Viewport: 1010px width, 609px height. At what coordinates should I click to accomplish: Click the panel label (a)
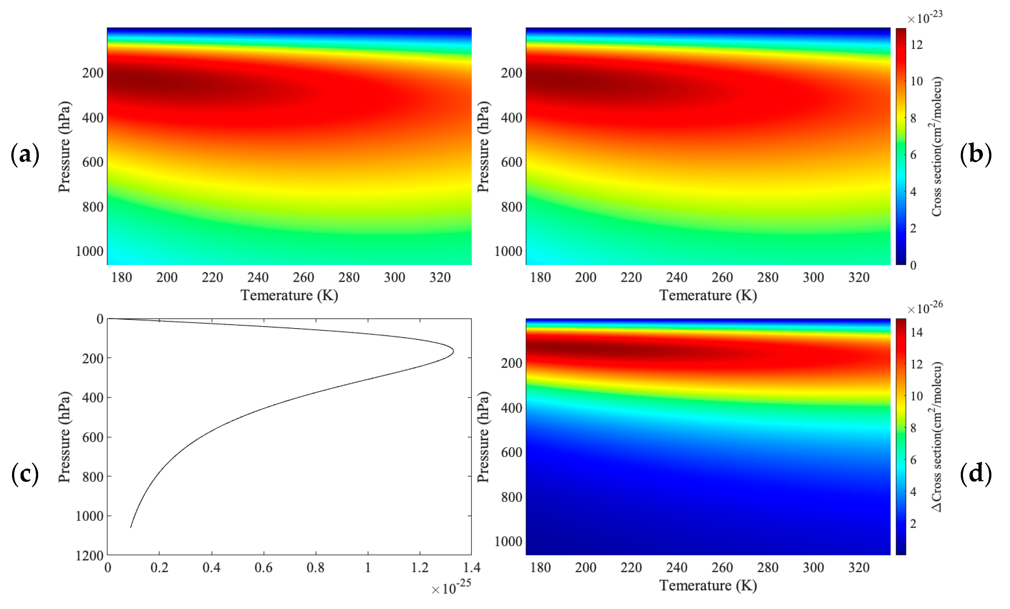pyautogui.click(x=25, y=155)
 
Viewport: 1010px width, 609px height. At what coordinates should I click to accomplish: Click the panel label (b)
pyautogui.click(x=976, y=155)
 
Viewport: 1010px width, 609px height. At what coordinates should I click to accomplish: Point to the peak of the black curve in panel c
pyautogui.click(x=453, y=351)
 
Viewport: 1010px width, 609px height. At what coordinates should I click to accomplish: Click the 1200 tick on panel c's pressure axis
pyautogui.click(x=89, y=556)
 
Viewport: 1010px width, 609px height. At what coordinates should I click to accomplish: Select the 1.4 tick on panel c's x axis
pyautogui.click(x=472, y=568)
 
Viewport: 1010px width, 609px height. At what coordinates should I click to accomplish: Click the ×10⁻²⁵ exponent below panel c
pyautogui.click(x=451, y=587)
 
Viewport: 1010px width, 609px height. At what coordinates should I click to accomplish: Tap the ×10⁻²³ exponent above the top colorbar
pyautogui.click(x=925, y=18)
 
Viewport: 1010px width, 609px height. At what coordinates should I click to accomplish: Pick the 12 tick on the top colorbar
pyautogui.click(x=916, y=45)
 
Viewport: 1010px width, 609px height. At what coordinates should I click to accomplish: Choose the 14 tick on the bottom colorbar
pyautogui.click(x=916, y=332)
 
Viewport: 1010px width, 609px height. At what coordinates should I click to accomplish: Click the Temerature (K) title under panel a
pyautogui.click(x=289, y=295)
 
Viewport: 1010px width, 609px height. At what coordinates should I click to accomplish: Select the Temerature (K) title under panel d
pyautogui.click(x=708, y=585)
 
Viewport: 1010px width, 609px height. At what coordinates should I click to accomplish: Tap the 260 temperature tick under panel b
pyautogui.click(x=722, y=277)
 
